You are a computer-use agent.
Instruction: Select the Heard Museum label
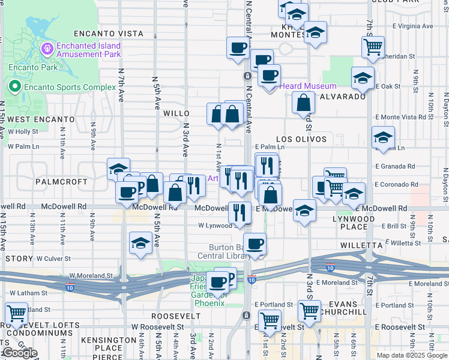308,86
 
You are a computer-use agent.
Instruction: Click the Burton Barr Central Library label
237,251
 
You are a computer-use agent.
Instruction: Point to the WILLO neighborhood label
176,113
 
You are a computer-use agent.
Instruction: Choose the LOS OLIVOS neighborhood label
302,139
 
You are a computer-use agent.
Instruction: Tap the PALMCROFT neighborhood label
58,181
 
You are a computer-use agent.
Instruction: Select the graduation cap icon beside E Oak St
363,77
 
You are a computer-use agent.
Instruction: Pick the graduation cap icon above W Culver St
140,243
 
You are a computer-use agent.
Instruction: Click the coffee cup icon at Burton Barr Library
255,243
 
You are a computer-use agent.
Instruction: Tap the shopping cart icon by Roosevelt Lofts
16,313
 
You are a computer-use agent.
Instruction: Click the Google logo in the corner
20,353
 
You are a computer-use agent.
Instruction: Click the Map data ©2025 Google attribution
412,355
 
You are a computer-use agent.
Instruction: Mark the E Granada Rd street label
395,166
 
